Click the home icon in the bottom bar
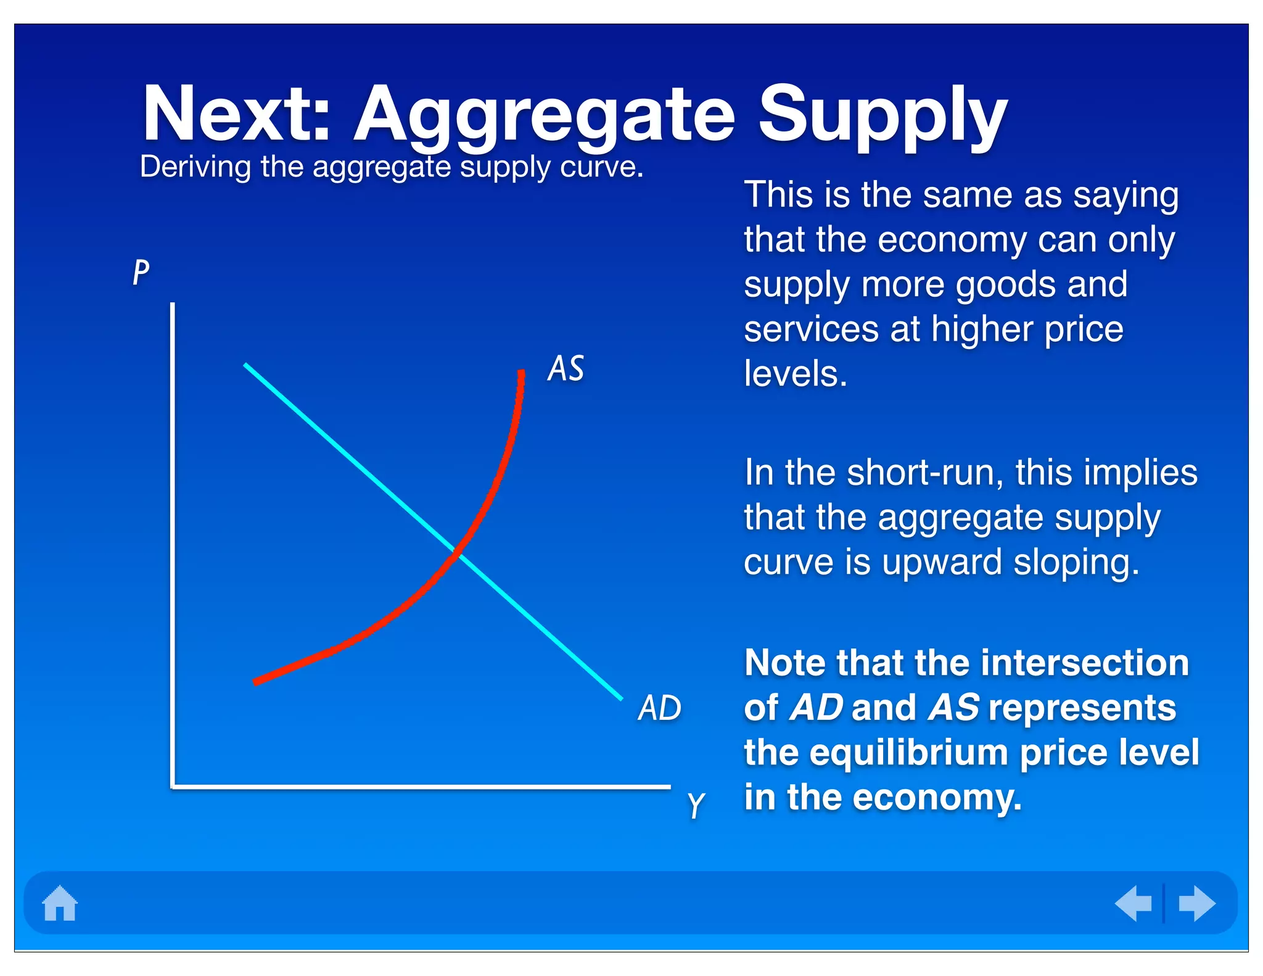(60, 903)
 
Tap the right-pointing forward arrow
(1196, 903)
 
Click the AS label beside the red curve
(566, 368)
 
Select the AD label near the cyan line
(659, 708)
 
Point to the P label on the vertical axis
(141, 272)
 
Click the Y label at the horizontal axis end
(696, 804)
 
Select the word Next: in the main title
(237, 114)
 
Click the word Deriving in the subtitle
(195, 167)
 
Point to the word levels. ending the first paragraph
(796, 373)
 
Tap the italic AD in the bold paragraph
(816, 707)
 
